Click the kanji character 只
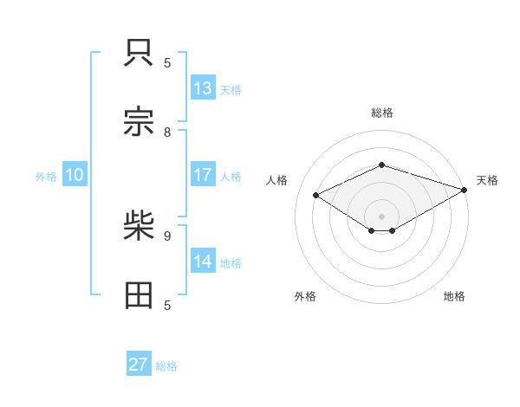coord(140,53)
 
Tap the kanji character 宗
coord(140,121)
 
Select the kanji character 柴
coord(140,227)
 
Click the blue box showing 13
coord(203,88)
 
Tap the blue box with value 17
coord(203,175)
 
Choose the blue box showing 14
coord(203,262)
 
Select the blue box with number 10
coord(75,175)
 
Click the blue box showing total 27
coord(139,365)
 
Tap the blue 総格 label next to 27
coord(166,366)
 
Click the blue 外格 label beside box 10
coord(46,176)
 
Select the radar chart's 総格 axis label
coord(382,113)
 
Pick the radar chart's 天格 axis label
coord(487,180)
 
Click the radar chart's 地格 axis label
coord(454,296)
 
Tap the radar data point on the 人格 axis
coord(316,195)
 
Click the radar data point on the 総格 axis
coord(382,165)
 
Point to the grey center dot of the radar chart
coord(382,216)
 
